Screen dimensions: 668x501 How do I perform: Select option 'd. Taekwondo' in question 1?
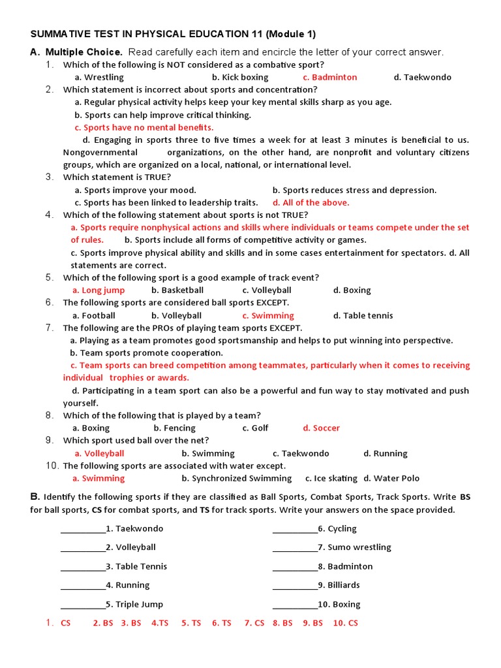[x=422, y=77]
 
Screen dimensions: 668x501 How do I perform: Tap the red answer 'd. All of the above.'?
[x=311, y=202]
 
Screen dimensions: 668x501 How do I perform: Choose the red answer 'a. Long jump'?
[x=99, y=290]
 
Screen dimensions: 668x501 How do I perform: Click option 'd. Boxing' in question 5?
[x=352, y=290]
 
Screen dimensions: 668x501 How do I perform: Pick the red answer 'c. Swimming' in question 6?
[x=268, y=316]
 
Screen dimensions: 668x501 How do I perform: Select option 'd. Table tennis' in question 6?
[x=363, y=316]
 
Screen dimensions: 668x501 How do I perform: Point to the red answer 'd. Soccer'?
[x=321, y=429]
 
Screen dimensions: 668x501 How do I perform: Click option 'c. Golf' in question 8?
[x=256, y=429]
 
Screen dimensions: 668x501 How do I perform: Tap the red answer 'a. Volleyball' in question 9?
[x=99, y=453]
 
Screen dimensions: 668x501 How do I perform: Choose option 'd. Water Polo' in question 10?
[x=391, y=479]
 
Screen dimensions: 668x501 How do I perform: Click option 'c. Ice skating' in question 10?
[x=326, y=479]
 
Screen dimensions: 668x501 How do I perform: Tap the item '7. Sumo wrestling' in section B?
[x=354, y=547]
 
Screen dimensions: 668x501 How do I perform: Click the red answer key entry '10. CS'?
[x=345, y=623]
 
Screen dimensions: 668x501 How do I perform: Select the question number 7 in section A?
[x=50, y=328]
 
